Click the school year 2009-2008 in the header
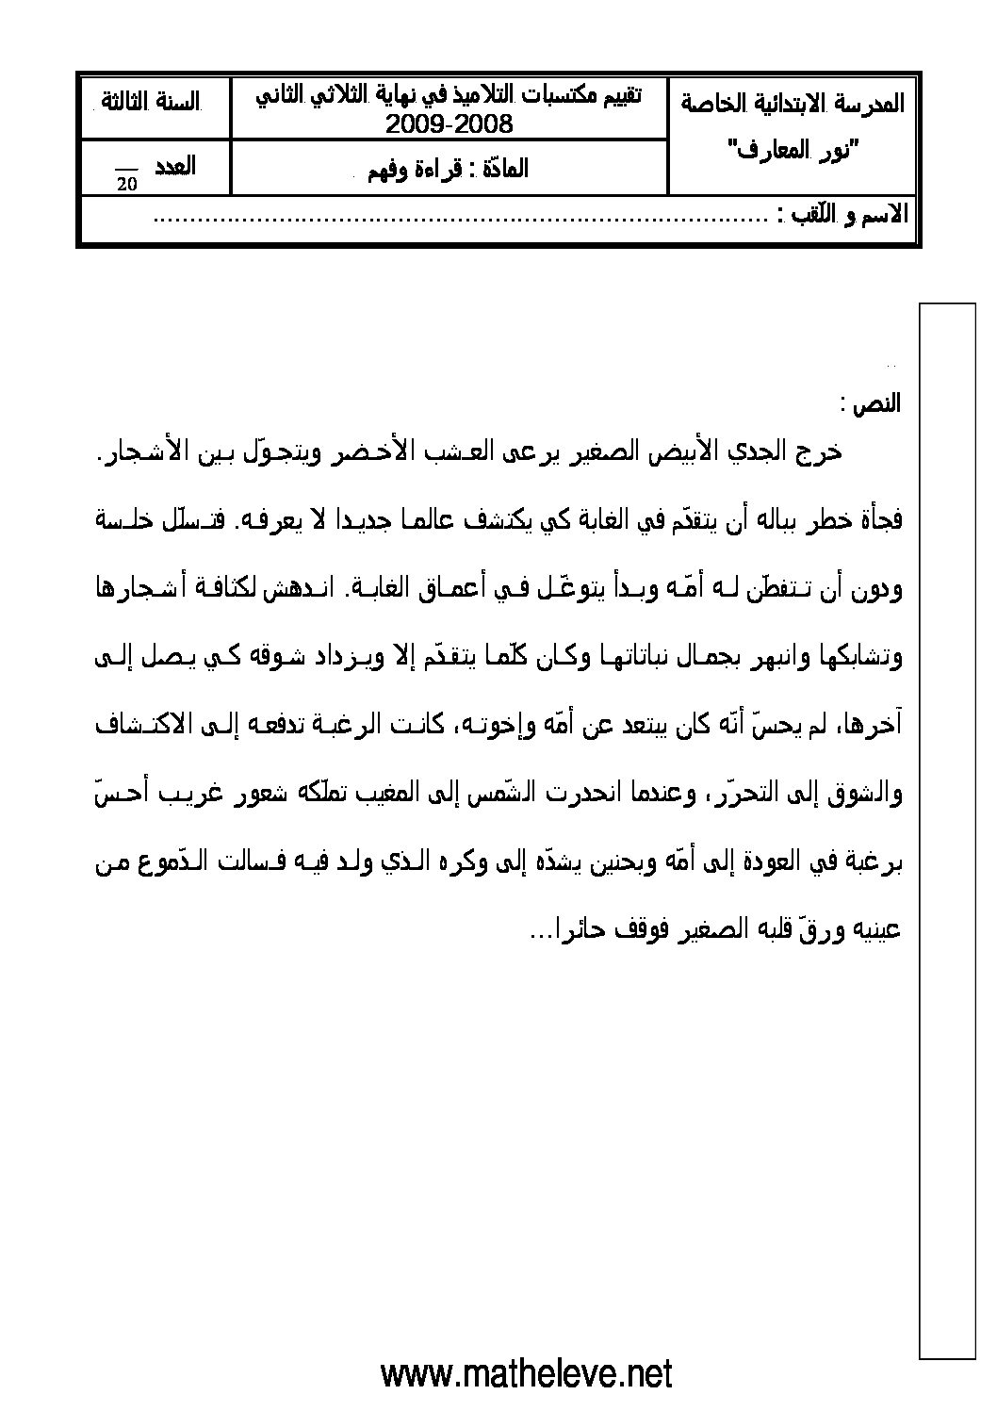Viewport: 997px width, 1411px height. point(449,123)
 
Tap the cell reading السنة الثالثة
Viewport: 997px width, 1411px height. point(154,102)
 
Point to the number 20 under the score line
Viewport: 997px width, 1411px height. point(127,185)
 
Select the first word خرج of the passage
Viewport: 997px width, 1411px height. point(820,451)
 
